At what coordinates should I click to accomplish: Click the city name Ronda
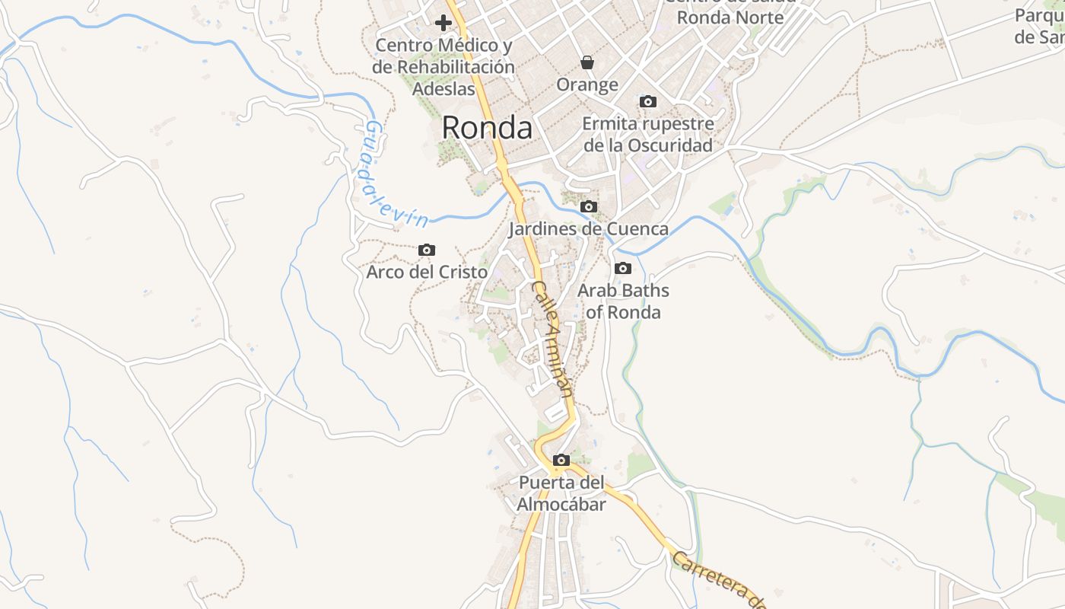pos(487,127)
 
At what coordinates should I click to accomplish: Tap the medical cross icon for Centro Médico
pos(443,23)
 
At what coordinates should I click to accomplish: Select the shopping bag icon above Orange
pos(587,62)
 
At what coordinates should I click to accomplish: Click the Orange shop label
pos(587,84)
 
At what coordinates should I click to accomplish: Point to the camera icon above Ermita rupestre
pos(648,101)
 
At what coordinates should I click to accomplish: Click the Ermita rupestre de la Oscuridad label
pos(648,135)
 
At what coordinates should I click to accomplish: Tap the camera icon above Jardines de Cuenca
pos(588,206)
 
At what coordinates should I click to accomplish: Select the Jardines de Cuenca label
pos(588,228)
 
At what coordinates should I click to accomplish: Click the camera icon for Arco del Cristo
pos(427,250)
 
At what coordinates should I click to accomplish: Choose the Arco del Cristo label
pos(427,272)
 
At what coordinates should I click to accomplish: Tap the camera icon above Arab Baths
pos(623,268)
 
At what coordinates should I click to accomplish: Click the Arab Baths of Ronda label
pos(623,301)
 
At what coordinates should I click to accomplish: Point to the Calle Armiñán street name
pos(551,340)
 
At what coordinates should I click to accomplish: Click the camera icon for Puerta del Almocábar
pos(561,460)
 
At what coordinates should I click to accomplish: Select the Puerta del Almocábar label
pos(561,493)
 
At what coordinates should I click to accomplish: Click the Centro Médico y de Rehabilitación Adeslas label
pos(443,67)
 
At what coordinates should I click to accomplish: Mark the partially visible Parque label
pos(1040,26)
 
